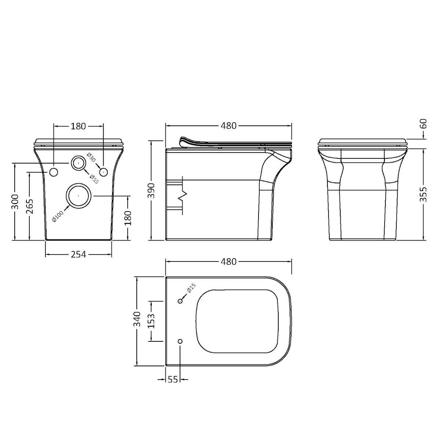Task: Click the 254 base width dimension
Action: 78,254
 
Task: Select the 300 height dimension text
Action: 15,201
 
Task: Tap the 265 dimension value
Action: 30,206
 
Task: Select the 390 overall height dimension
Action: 152,190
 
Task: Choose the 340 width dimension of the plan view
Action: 137,319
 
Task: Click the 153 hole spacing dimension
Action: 151,321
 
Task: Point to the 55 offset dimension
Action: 173,379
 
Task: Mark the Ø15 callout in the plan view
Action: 191,289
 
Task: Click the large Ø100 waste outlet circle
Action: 78,195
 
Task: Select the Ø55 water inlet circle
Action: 78,163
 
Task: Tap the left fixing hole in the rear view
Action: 54,172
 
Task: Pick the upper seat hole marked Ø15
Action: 180,301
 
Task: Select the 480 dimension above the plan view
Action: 228,262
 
